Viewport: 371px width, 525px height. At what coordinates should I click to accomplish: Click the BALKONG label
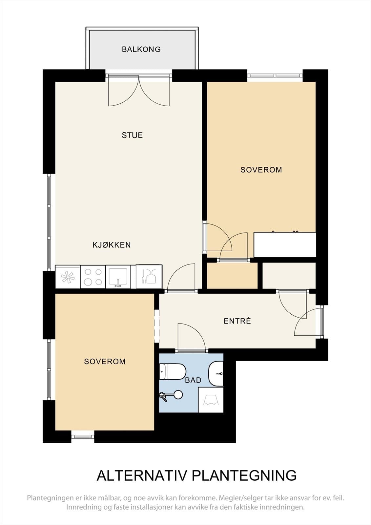pos(141,49)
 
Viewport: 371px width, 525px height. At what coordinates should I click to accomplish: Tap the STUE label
pos(132,135)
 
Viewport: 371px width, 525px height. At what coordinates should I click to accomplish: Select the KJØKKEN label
pos(112,245)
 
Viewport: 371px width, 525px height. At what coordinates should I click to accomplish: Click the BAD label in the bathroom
pos(193,380)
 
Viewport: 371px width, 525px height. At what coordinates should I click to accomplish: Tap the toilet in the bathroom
pos(173,372)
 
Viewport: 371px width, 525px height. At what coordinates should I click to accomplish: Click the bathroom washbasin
pos(216,374)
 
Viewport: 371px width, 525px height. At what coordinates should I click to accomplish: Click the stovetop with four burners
pos(93,277)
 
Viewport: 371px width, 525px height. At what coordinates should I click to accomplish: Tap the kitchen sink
pos(118,277)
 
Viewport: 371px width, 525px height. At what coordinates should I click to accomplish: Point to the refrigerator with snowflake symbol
pos(68,277)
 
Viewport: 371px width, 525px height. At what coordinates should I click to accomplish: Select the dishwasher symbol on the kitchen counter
pos(149,277)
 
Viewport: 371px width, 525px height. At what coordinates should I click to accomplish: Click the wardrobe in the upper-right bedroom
pos(285,244)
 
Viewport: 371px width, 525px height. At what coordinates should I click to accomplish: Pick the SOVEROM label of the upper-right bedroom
pos(261,170)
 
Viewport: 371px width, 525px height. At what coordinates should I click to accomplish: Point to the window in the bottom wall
pos(82,436)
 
